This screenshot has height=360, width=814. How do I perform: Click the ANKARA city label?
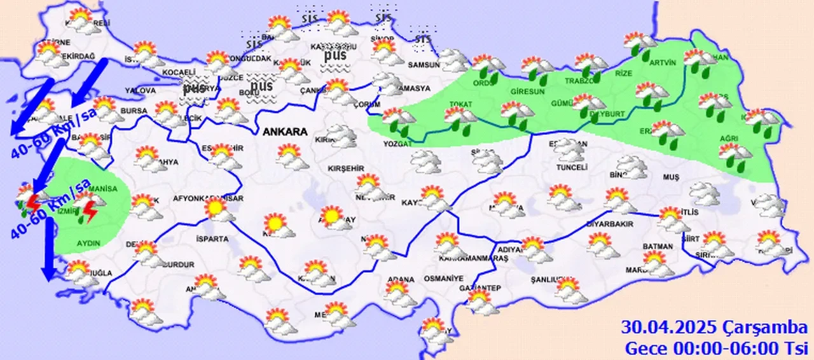[x=286, y=132]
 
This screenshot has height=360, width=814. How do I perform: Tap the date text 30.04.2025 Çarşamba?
[x=714, y=328]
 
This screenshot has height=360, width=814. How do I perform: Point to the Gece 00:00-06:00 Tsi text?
[x=715, y=349]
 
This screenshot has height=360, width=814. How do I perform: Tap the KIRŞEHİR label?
[x=345, y=169]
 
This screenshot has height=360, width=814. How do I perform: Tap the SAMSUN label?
[x=424, y=64]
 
